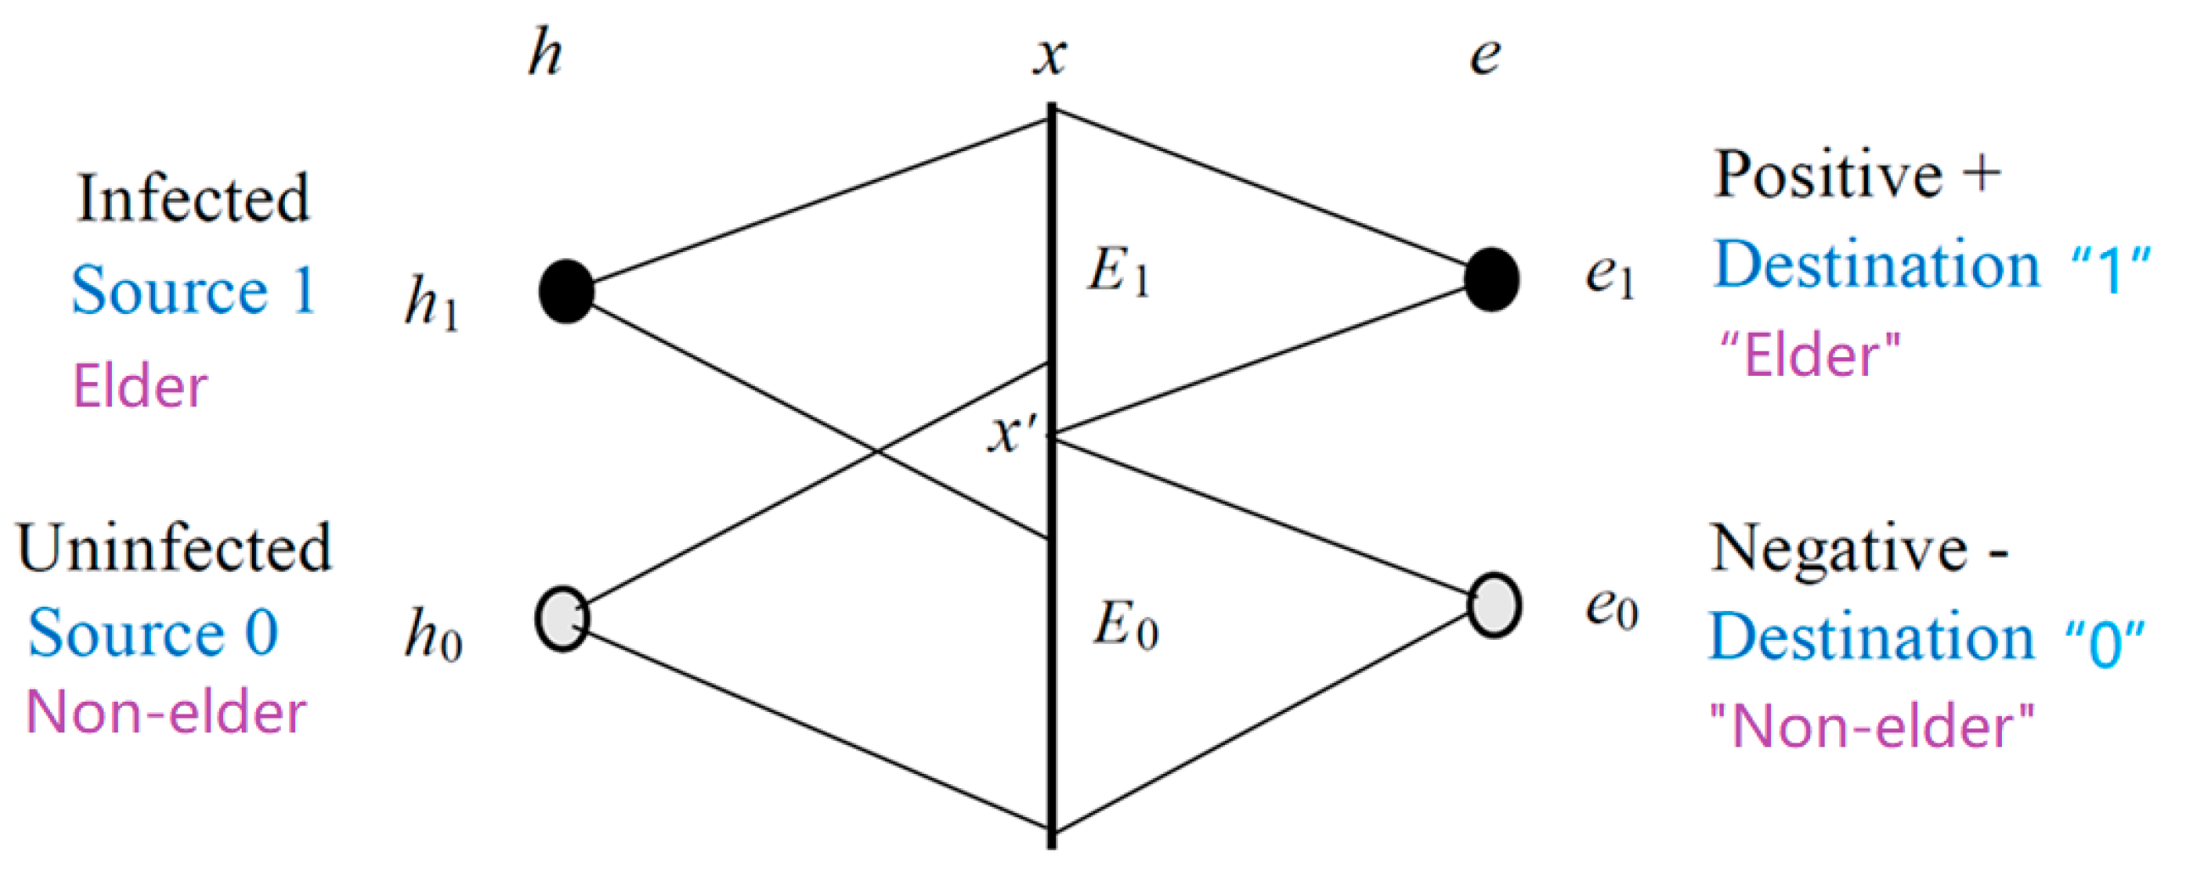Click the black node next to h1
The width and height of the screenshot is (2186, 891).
tap(566, 291)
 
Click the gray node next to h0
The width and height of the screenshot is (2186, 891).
tap(562, 619)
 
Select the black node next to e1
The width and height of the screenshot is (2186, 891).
tap(1492, 279)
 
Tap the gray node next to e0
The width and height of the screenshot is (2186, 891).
tap(1494, 605)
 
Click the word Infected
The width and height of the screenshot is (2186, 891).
tap(193, 198)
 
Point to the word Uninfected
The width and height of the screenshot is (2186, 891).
tap(174, 548)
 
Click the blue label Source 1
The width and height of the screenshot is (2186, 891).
tap(193, 290)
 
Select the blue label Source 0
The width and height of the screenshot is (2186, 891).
tap(153, 633)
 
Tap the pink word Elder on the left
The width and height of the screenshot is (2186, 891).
tap(140, 386)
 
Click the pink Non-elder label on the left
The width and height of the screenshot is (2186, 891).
tap(166, 712)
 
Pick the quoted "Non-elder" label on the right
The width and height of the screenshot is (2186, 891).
tap(1870, 726)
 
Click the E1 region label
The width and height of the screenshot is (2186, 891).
tap(1119, 273)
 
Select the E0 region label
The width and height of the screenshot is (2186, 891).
tap(1126, 627)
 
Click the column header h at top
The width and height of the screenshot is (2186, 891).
tap(544, 53)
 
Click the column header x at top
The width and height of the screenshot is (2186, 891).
tap(1049, 58)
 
